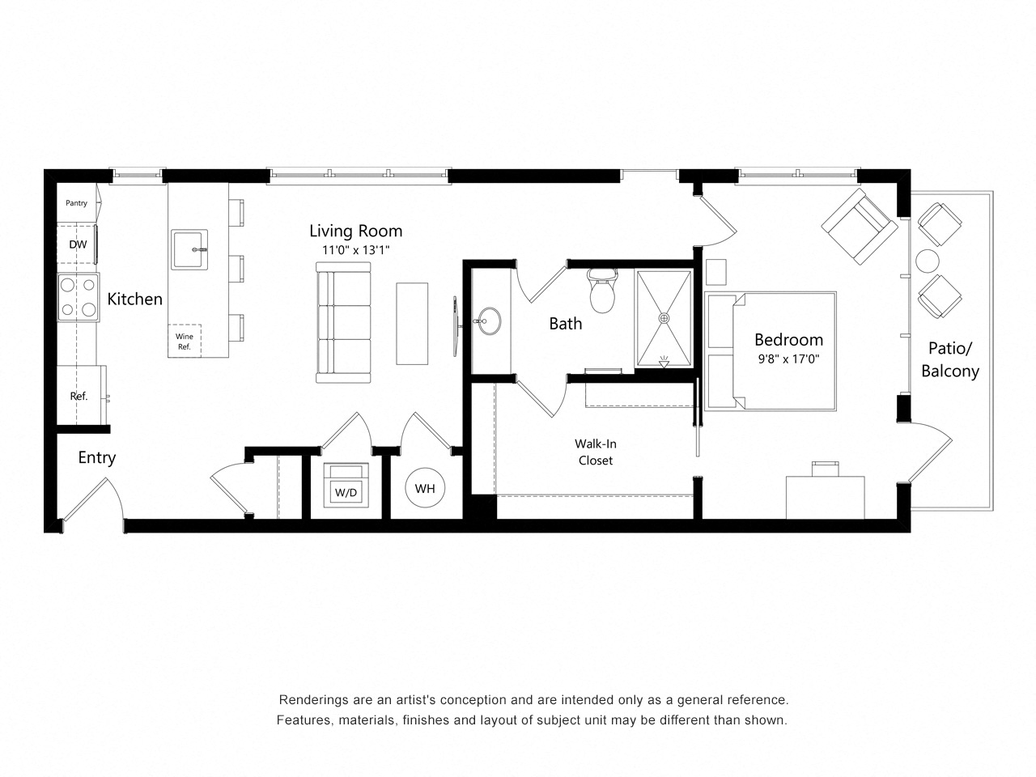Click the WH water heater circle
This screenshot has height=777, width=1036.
coord(425,488)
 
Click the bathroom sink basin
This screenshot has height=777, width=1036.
coord(488,321)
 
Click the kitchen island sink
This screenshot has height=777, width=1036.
coord(189,249)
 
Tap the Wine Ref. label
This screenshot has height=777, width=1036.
coord(185,342)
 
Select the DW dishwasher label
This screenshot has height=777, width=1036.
coord(78,244)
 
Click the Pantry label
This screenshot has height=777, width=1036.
coord(77,203)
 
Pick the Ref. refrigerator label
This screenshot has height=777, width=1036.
coord(79,396)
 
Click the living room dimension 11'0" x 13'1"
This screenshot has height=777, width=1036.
coord(356,250)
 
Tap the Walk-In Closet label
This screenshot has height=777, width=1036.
coord(595,452)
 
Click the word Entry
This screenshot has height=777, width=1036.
coord(97,457)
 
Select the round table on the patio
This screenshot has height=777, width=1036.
coord(928,261)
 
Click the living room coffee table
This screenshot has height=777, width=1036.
coord(412,323)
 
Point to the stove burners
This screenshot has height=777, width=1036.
coord(78,297)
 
